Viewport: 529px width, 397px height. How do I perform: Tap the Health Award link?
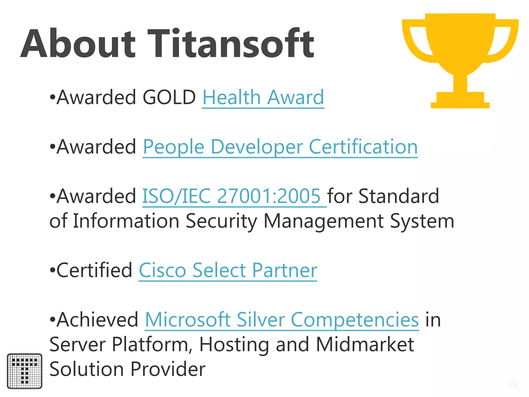(263, 97)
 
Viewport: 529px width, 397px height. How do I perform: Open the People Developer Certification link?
(280, 147)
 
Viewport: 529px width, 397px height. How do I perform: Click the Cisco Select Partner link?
(228, 271)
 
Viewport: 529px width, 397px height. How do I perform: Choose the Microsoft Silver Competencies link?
(282, 320)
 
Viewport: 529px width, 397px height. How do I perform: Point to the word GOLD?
(169, 97)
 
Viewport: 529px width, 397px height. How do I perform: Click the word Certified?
(94, 271)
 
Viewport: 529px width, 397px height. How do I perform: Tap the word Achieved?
(98, 320)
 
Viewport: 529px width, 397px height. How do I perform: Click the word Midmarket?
(365, 345)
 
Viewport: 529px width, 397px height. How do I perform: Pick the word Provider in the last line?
(168, 369)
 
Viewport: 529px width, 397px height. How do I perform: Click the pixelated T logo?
(25, 371)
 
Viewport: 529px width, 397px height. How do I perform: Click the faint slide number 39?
(512, 384)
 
